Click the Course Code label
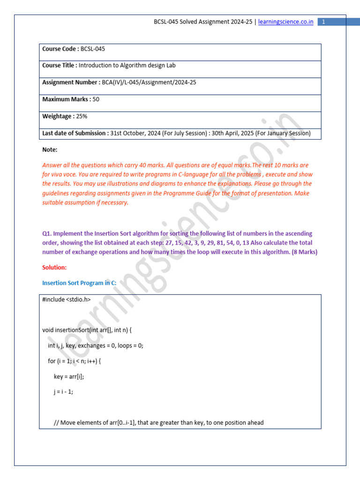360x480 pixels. [x=60, y=49]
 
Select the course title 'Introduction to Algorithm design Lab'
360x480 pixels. [x=127, y=66]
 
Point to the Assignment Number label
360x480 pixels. [x=70, y=82]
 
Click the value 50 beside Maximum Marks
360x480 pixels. [x=96, y=99]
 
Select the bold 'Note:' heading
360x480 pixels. [x=50, y=150]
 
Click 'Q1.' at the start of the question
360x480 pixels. [x=46, y=233]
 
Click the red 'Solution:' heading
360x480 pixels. [x=54, y=267]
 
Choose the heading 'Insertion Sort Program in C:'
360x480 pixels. [x=79, y=283]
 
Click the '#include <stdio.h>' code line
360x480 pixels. [x=67, y=299]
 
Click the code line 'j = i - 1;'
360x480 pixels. [x=64, y=392]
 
